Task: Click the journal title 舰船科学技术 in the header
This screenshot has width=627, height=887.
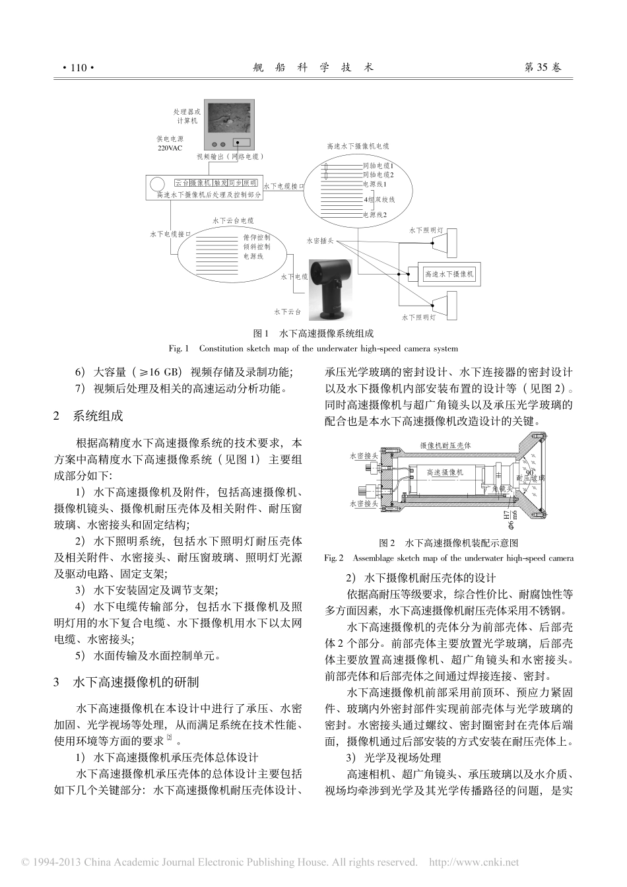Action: [313, 67]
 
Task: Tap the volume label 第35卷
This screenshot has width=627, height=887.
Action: [543, 67]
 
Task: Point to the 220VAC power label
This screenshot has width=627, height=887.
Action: [170, 148]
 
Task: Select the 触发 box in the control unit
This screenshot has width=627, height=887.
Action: [220, 183]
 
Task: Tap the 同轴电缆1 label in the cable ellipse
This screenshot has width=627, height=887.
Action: [378, 166]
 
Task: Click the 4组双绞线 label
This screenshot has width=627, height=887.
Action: [379, 199]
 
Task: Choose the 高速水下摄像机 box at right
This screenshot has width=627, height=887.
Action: [449, 274]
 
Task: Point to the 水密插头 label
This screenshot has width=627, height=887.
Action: [321, 242]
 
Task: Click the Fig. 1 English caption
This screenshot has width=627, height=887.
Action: [313, 348]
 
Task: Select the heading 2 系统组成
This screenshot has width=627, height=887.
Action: [88, 416]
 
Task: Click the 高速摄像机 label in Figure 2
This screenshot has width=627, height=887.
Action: [445, 473]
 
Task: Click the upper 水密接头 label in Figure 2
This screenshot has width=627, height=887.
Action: [364, 456]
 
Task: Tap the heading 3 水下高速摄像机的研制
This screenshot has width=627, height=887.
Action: [126, 682]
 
